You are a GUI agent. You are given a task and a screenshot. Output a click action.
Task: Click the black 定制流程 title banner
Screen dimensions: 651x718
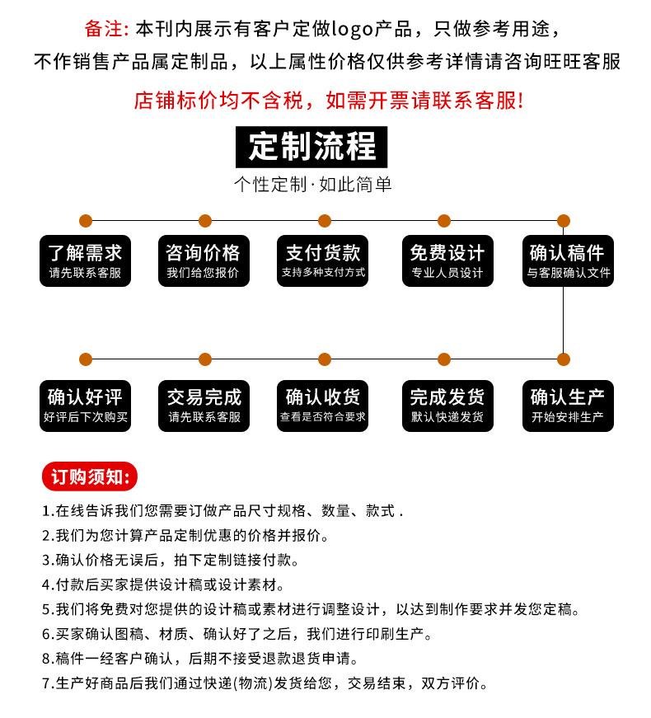click(311, 148)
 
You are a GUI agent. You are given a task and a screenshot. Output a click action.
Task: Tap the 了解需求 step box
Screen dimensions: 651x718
click(86, 260)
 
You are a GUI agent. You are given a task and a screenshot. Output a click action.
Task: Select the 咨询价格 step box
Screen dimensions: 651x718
click(204, 260)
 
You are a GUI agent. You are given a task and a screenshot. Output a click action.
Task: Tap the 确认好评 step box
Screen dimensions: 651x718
click(86, 405)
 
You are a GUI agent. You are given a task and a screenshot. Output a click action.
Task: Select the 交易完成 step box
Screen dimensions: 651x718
click(204, 405)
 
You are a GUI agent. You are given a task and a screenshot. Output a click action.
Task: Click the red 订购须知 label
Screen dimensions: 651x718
click(89, 477)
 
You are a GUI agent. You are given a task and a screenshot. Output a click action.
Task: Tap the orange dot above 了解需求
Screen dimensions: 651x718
click(86, 220)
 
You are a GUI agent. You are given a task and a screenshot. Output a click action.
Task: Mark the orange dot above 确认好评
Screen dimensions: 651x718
click(86, 359)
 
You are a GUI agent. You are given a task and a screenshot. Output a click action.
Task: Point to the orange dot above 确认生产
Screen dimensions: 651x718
click(564, 359)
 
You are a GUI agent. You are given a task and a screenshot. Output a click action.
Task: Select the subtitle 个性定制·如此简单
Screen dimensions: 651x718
click(313, 185)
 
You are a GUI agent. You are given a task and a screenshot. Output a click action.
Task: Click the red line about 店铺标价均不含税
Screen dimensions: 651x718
click(328, 101)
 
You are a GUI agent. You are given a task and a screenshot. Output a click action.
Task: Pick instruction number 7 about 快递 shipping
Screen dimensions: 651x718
click(265, 683)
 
